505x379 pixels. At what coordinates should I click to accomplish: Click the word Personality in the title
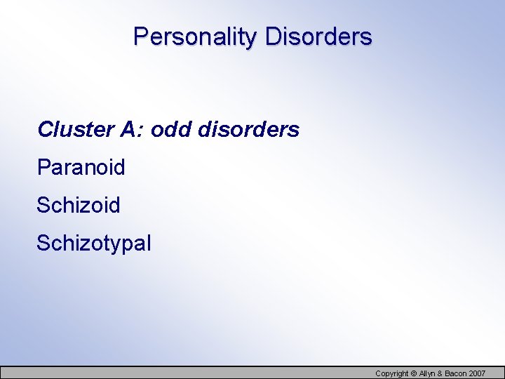(196, 36)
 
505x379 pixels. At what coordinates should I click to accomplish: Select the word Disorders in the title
(318, 36)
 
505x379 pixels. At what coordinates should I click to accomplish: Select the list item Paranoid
(81, 168)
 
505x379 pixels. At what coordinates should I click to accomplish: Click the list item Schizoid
(78, 206)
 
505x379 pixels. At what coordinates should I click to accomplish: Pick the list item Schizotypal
(93, 244)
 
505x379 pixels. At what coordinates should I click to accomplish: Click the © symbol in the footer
(414, 373)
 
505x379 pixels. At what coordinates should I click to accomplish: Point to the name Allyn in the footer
(427, 373)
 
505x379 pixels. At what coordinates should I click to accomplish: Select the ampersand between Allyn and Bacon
(442, 373)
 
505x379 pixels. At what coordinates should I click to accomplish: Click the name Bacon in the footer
(457, 373)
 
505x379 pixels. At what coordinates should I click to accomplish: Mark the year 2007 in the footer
(478, 373)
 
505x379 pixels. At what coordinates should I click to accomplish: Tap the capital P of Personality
(140, 36)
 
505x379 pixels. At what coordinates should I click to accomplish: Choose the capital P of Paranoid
(42, 168)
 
